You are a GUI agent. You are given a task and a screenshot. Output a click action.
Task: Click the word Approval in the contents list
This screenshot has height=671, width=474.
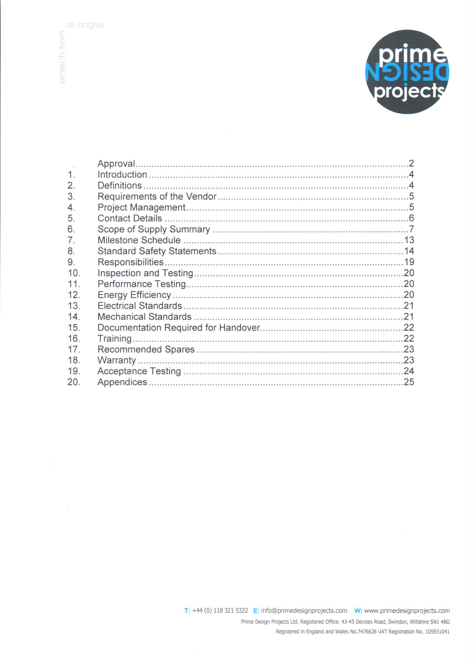coord(116,164)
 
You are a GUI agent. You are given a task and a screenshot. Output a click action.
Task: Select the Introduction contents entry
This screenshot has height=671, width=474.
coord(122,174)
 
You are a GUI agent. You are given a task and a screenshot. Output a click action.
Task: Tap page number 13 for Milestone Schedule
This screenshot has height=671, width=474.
coord(409,240)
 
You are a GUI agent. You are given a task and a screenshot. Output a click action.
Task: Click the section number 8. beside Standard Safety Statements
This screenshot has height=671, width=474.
coord(71,251)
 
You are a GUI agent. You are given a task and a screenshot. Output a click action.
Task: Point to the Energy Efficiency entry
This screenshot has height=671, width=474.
coord(134,295)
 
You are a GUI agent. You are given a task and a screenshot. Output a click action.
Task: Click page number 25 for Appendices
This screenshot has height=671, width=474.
coord(409,382)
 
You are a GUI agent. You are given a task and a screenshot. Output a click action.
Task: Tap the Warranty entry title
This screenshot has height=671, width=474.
coord(116,360)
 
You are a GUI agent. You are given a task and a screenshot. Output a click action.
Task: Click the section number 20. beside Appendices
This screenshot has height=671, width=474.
coord(74,382)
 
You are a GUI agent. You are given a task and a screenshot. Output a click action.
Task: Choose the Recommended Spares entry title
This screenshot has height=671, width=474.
coord(146,350)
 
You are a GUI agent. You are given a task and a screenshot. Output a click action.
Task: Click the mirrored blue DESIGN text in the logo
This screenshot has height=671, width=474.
coord(408,72)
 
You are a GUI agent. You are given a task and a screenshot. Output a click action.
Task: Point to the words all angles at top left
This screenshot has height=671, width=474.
coord(85,25)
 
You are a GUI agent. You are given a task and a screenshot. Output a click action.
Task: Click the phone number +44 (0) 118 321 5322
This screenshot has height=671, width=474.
coord(220,610)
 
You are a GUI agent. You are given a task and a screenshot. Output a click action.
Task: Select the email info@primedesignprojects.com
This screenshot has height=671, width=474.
coord(304,610)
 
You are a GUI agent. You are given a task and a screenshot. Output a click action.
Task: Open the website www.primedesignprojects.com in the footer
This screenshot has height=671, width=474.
coord(407,610)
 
